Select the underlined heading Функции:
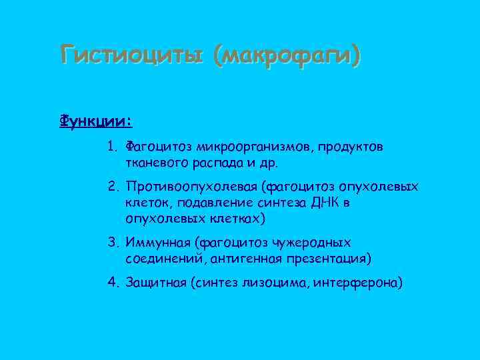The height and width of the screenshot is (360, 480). coord(96,122)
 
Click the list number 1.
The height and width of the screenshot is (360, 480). coord(112,146)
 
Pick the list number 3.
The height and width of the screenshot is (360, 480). coord(112,243)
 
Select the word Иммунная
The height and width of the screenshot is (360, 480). coord(155,243)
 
